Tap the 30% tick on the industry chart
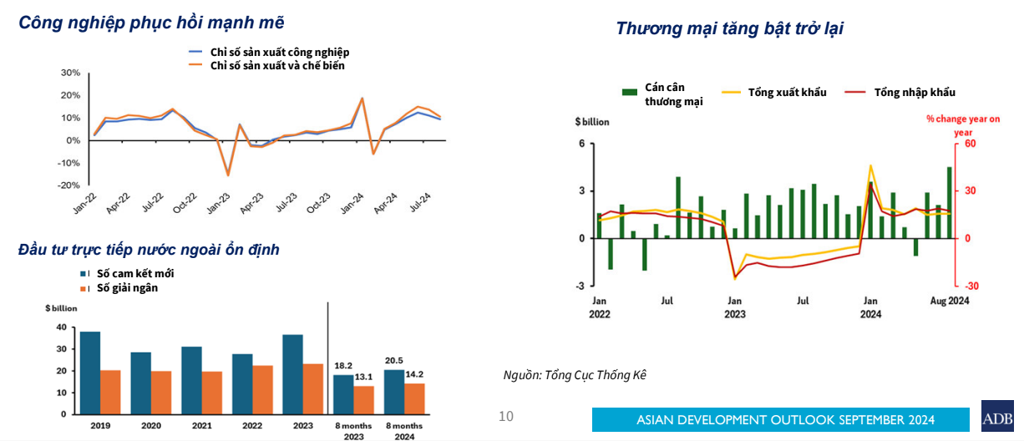71,73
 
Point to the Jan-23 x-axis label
219,204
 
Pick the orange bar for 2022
262,390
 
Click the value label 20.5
393,361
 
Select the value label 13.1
363,377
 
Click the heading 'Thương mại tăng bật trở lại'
729,28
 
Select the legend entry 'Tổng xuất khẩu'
787,93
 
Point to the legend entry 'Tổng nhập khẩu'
914,93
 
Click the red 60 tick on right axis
970,144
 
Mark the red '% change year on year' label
962,125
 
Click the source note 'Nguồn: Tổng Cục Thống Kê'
575,375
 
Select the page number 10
505,416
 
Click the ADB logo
997,417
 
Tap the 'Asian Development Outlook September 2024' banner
785,419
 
